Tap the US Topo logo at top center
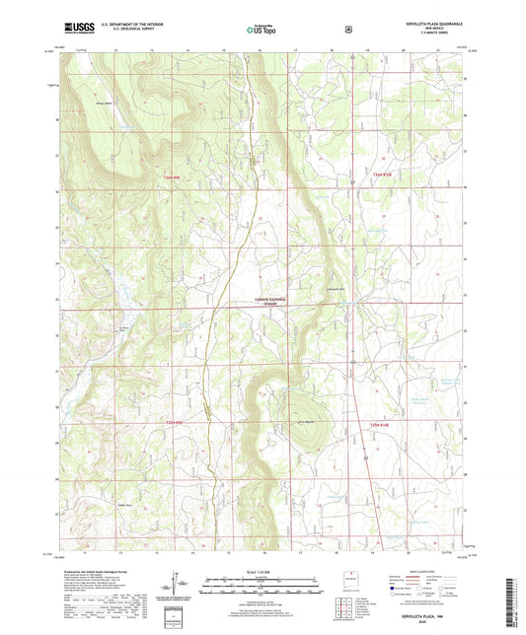[262, 31]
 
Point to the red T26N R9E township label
[173, 176]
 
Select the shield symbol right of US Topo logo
[346, 30]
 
